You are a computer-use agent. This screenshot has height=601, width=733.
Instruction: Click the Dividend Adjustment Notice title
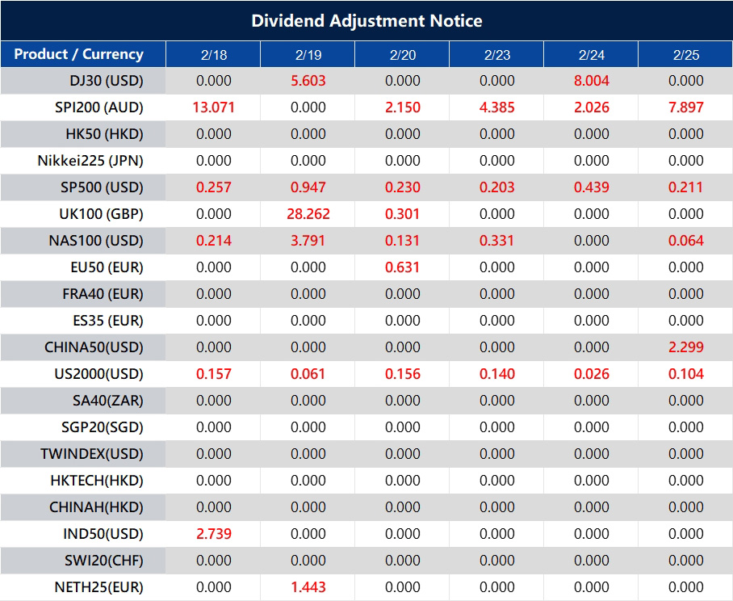tap(366, 20)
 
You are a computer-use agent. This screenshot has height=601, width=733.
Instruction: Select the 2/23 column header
tap(497, 54)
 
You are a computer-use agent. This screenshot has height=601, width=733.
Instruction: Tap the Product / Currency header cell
tap(79, 54)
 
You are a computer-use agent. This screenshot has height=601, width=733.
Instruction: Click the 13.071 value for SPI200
tap(214, 107)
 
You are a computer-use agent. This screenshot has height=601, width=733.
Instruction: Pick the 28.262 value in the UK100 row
tap(308, 214)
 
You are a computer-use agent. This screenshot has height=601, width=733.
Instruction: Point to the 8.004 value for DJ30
tap(592, 81)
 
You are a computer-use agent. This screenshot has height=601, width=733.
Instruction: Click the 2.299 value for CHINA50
tap(686, 347)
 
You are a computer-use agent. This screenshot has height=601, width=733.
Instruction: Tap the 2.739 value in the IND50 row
tap(214, 534)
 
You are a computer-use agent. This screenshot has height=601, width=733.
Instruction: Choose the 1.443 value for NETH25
tap(308, 587)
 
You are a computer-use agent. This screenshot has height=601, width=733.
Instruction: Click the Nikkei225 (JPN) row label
tap(90, 161)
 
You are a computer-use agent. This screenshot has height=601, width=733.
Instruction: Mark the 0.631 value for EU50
tap(403, 267)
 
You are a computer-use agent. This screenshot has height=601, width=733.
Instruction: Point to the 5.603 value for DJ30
tap(308, 81)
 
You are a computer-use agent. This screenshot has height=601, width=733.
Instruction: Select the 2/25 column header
tap(686, 54)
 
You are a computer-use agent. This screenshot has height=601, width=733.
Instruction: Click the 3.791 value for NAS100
tap(308, 241)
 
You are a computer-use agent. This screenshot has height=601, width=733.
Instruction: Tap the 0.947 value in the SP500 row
tap(308, 187)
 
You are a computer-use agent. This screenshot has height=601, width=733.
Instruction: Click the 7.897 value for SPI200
tap(686, 107)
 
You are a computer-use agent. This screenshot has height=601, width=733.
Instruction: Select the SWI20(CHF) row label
tap(103, 561)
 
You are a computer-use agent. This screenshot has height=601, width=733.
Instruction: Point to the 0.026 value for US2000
tap(592, 374)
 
